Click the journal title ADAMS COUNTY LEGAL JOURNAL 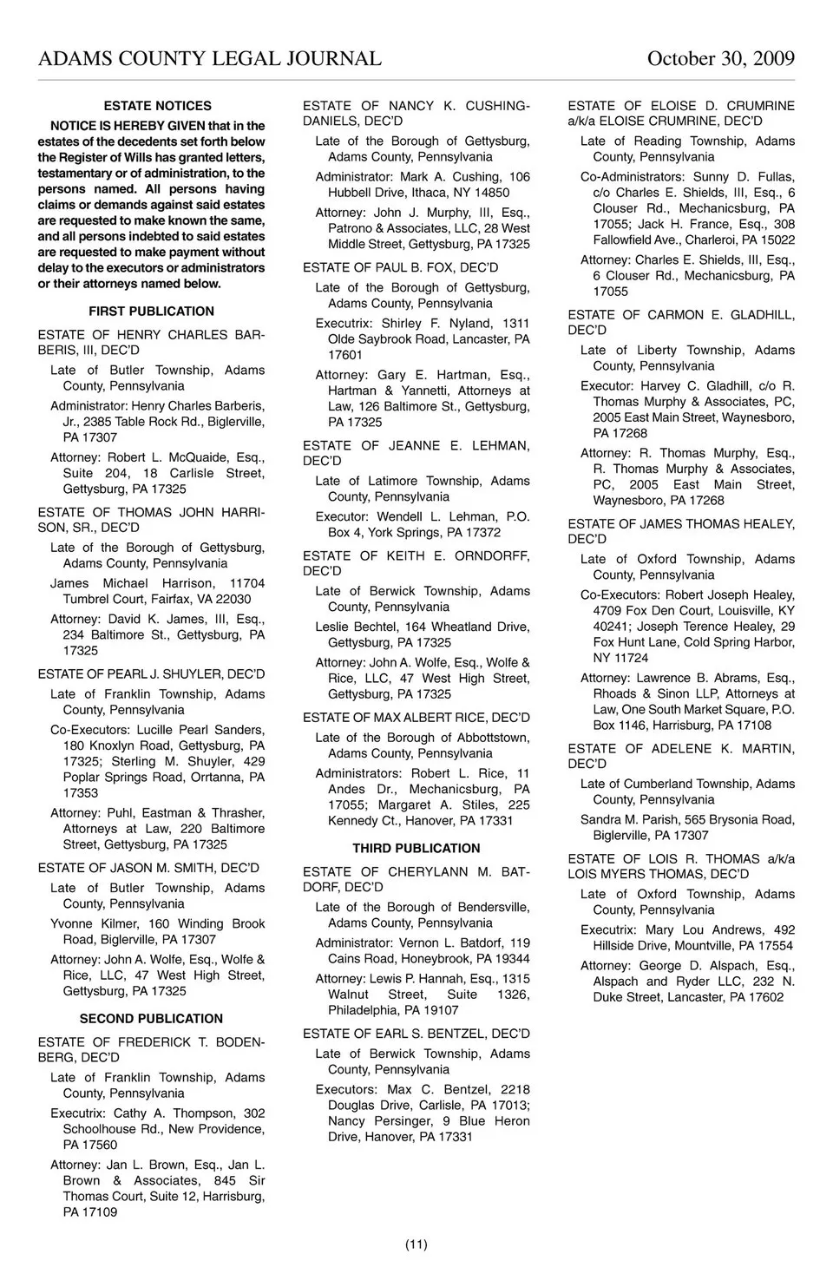click(x=209, y=58)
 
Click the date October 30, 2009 click(x=720, y=58)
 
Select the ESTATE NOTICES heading click(x=157, y=106)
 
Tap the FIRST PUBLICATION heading click(x=151, y=311)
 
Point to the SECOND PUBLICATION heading click(x=151, y=1018)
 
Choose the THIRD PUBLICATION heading click(x=416, y=848)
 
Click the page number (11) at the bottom click(x=416, y=1244)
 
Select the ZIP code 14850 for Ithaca click(x=491, y=193)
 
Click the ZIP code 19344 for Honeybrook click(x=511, y=959)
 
